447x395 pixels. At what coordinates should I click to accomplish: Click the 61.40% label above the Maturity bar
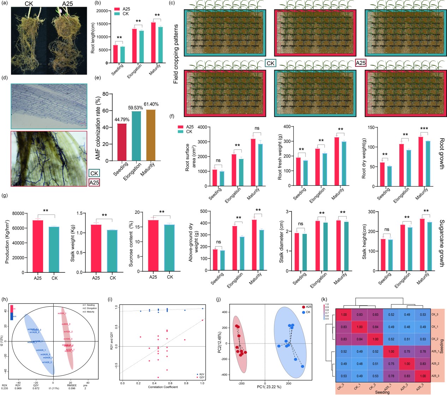pyautogui.click(x=151, y=104)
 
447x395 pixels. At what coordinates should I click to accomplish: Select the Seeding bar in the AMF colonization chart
pyautogui.click(x=122, y=143)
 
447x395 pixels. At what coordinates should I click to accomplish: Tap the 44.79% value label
pyautogui.click(x=122, y=120)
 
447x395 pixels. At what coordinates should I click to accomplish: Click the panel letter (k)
pyautogui.click(x=325, y=300)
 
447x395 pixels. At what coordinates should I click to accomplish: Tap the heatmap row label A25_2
pyautogui.click(x=435, y=364)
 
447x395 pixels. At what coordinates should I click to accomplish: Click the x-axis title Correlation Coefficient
pyautogui.click(x=163, y=387)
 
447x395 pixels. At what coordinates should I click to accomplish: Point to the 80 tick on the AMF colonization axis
pyautogui.click(x=105, y=94)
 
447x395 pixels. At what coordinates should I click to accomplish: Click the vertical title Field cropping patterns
pyautogui.click(x=176, y=54)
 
